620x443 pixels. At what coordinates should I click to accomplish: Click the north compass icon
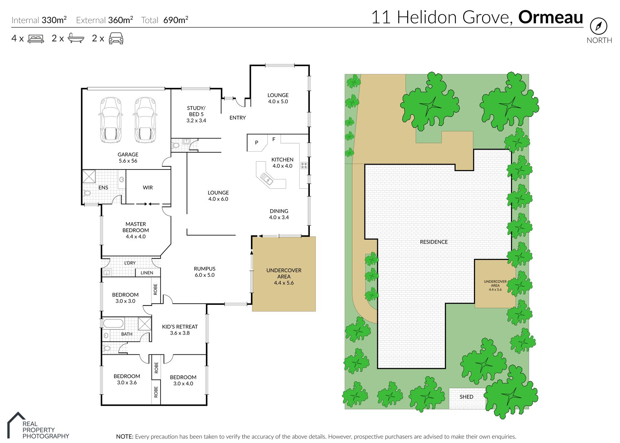click(598, 26)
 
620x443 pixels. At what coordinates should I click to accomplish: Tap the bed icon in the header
click(36, 38)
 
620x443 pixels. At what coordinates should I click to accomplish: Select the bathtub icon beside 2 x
click(76, 38)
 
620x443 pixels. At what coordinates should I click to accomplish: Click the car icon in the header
click(116, 38)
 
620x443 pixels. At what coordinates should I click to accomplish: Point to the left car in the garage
click(111, 120)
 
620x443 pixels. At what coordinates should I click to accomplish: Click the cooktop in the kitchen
click(304, 166)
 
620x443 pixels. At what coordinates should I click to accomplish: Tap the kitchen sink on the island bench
click(267, 179)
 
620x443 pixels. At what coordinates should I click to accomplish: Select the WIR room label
click(148, 188)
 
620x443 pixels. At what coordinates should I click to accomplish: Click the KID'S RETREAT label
click(180, 327)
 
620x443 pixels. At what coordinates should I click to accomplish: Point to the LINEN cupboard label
click(147, 273)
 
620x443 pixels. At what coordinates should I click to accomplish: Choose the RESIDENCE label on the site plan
click(434, 242)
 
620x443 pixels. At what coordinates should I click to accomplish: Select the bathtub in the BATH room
click(113, 323)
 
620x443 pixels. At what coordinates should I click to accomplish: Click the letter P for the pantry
click(257, 143)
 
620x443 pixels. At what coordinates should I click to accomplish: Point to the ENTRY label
click(238, 118)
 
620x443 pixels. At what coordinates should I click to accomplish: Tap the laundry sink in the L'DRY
click(107, 273)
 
